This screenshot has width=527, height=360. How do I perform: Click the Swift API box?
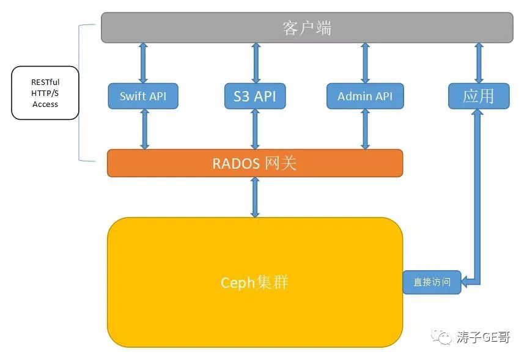tap(143, 96)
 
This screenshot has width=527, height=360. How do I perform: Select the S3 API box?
tap(255, 96)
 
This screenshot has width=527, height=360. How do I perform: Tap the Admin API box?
tap(365, 96)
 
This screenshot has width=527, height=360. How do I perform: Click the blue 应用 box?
tap(479, 96)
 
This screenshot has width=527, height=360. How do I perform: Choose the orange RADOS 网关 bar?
tap(255, 163)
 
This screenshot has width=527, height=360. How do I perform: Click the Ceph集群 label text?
tap(254, 282)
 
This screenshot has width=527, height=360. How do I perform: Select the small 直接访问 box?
tap(432, 282)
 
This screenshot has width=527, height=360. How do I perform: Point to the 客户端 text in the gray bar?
tap(307, 28)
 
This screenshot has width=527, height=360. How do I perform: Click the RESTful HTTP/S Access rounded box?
tap(45, 93)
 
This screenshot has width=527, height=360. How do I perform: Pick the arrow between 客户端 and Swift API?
tap(143, 63)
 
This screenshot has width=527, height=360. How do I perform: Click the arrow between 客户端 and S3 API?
tap(256, 63)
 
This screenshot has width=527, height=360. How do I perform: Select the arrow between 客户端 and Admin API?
tap(366, 63)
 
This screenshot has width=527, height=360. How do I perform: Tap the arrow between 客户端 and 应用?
tap(479, 63)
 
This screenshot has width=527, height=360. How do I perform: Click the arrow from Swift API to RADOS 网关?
tap(144, 129)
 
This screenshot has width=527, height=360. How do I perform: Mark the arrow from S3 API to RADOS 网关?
tap(256, 129)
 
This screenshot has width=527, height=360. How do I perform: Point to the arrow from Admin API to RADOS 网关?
tap(366, 129)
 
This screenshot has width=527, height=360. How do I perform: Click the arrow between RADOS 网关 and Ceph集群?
tap(255, 197)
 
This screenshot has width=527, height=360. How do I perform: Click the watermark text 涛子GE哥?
tap(483, 337)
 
